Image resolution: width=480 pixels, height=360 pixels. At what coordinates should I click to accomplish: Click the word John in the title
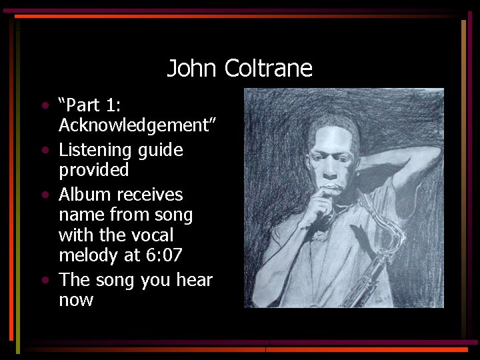click(x=192, y=69)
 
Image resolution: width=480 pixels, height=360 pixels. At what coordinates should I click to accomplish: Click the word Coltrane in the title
click(x=268, y=69)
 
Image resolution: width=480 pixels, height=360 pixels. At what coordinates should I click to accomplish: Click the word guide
click(x=160, y=151)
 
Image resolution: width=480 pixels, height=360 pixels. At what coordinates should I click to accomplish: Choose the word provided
click(x=94, y=171)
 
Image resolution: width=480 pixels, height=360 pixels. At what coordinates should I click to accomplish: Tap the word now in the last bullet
click(x=76, y=300)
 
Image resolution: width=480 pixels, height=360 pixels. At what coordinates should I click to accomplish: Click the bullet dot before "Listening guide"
click(x=44, y=150)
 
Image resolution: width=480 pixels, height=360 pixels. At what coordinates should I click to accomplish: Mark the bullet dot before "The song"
click(x=44, y=279)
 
